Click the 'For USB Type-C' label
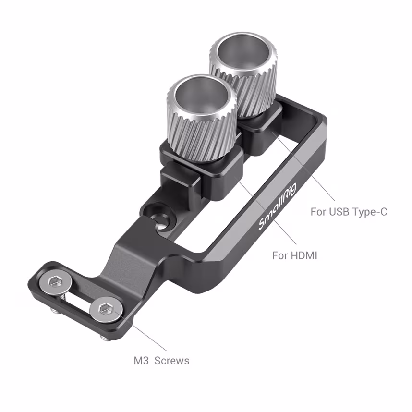tap(348, 211)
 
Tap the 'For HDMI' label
tap(295, 255)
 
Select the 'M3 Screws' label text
tap(161, 360)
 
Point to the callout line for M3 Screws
tap(144, 334)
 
